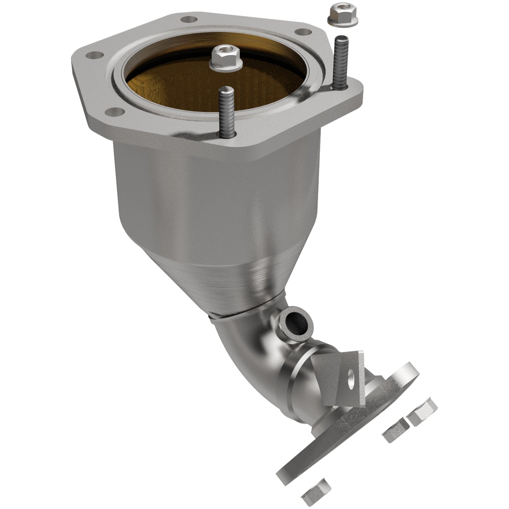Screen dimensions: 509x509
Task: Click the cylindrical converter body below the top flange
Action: [x=218, y=197]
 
